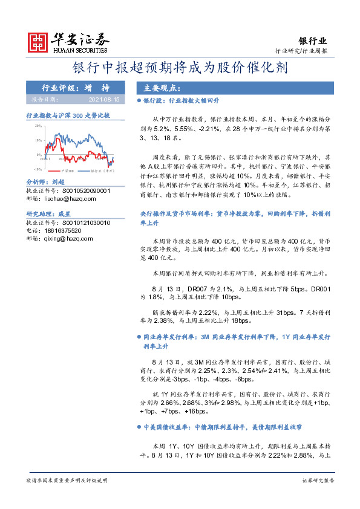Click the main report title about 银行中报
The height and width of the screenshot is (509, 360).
pyautogui.click(x=180, y=67)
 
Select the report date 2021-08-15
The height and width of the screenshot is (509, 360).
pyautogui.click(x=105, y=99)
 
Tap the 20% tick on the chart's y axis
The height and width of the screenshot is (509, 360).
pyautogui.click(x=38, y=126)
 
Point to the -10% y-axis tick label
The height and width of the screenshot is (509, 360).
pyautogui.click(x=38, y=169)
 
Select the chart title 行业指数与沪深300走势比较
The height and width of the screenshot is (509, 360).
pyautogui.click(x=68, y=114)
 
